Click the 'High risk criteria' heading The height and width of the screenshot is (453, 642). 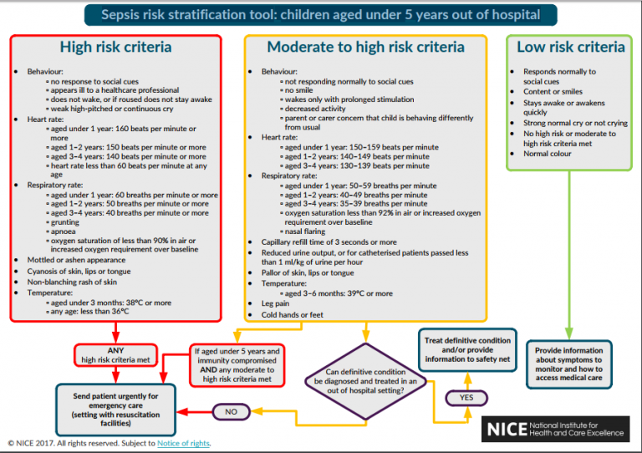(115, 48)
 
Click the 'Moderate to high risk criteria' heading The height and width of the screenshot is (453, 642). (365, 48)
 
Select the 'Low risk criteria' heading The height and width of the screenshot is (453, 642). (570, 47)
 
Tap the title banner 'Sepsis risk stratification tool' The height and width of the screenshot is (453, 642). (320, 14)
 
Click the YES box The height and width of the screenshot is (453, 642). (467, 398)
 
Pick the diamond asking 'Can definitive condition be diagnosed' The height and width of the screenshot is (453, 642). (364, 379)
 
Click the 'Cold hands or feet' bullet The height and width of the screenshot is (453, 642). (292, 315)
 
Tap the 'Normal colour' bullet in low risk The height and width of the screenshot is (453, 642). (547, 154)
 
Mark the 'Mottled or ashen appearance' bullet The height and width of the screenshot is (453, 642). (77, 260)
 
